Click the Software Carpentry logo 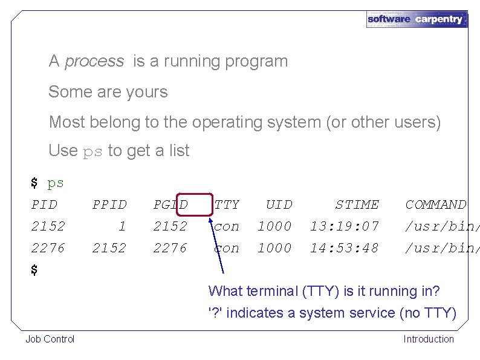click(x=417, y=19)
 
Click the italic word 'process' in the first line click(x=94, y=61)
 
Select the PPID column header click(x=109, y=205)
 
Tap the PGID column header click(x=170, y=205)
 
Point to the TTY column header click(x=227, y=205)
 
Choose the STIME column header click(x=357, y=205)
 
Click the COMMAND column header click(x=435, y=205)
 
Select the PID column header click(x=44, y=205)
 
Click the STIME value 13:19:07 click(x=345, y=226)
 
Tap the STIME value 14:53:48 click(x=345, y=248)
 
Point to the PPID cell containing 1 click(x=122, y=226)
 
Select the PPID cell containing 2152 click(x=109, y=248)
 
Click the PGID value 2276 click(x=170, y=248)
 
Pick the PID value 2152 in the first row click(x=48, y=226)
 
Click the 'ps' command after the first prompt click(x=56, y=183)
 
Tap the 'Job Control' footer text click(x=50, y=339)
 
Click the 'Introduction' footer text click(x=429, y=339)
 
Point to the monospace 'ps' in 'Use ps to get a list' click(x=92, y=151)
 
